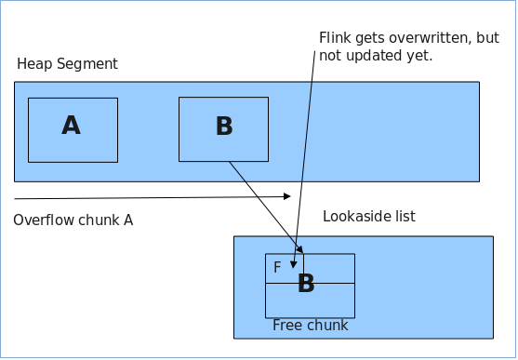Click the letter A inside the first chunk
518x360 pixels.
pyautogui.click(x=72, y=126)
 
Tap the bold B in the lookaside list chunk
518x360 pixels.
pyautogui.click(x=306, y=284)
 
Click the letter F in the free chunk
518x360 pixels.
pyautogui.click(x=277, y=268)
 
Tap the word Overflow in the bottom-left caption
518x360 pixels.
pyautogui.click(x=43, y=220)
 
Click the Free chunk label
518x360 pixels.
pyautogui.click(x=310, y=326)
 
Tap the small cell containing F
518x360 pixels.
pyautogui.click(x=285, y=268)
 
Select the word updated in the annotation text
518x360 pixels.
pyautogui.click(x=368, y=56)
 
